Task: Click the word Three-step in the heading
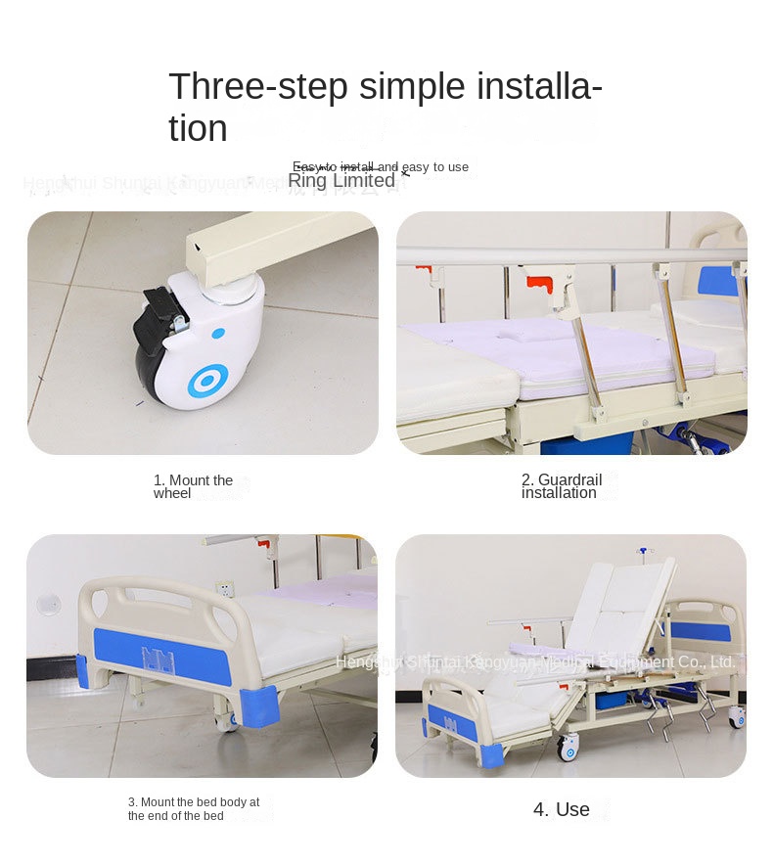point(258,88)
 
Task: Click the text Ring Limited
point(341,181)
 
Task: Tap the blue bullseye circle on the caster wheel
point(207,381)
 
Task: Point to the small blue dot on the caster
point(218,333)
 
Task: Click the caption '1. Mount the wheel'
point(193,486)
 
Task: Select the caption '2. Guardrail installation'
point(561,486)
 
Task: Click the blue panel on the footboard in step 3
point(161,657)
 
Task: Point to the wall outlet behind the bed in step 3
point(224,590)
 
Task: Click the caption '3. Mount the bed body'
point(194,809)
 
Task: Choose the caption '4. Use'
point(562,809)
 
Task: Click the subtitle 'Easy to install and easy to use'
point(381,166)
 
